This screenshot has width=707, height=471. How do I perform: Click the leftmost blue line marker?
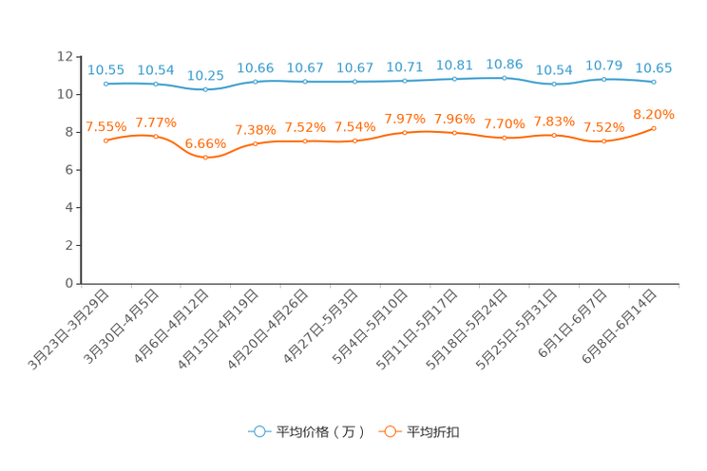coord(105,84)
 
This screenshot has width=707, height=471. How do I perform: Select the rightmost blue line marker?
coord(654,83)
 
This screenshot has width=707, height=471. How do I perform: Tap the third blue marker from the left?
coord(205,89)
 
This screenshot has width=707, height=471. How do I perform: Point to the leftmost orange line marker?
coord(105,141)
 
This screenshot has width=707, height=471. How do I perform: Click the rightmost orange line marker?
coord(654,128)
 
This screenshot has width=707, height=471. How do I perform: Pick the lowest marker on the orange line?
coord(205,158)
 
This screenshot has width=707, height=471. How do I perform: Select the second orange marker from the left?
coord(156,136)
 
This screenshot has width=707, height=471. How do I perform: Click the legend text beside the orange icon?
coord(435,432)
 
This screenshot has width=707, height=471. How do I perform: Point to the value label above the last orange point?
coord(654,114)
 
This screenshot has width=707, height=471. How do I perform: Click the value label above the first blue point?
coord(105,69)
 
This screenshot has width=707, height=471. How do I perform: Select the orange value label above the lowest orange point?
coord(205,143)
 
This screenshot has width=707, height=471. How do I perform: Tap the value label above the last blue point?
coord(654,68)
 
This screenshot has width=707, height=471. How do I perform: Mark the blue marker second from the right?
coord(603,79)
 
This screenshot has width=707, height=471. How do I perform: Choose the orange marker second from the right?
coord(603,141)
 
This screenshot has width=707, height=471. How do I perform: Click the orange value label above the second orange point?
coord(156,122)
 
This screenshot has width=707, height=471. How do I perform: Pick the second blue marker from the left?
coord(156,84)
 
